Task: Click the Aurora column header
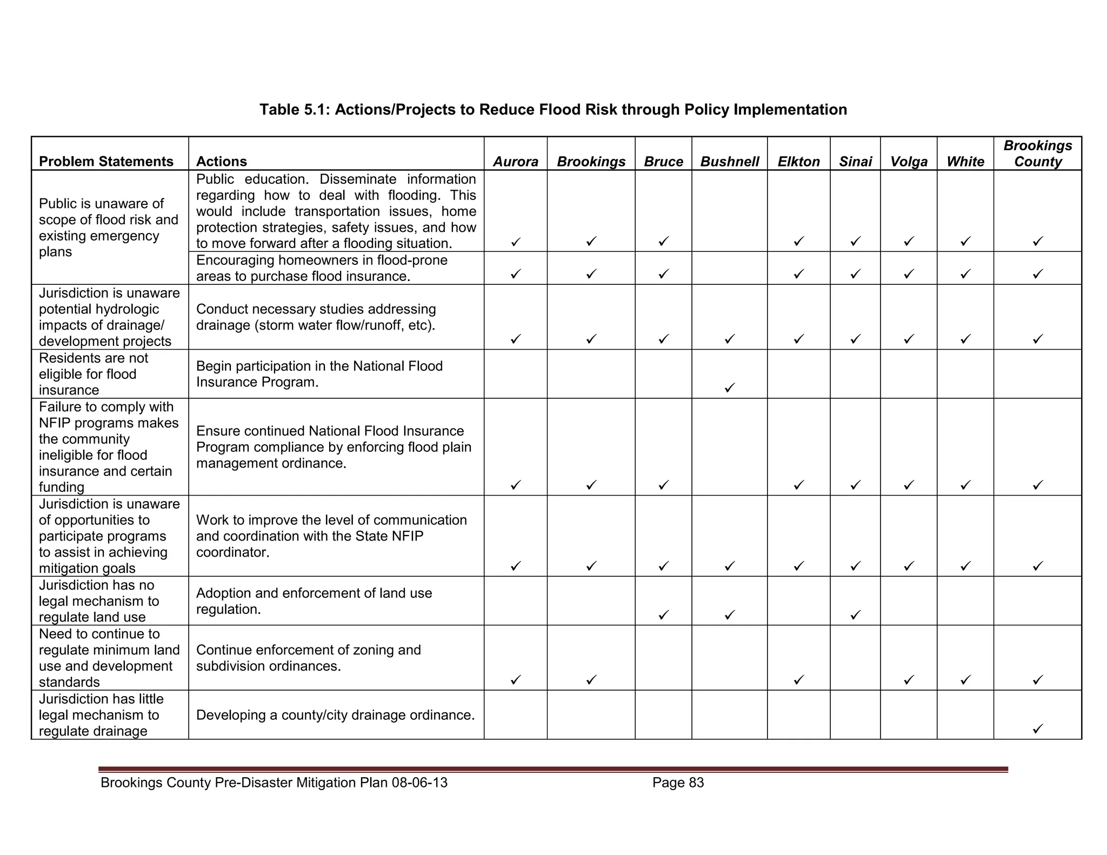(x=516, y=162)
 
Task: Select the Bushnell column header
(x=729, y=162)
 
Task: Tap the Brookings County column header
(x=1038, y=153)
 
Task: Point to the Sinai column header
(x=855, y=162)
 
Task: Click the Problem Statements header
(x=106, y=162)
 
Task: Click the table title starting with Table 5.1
(x=553, y=110)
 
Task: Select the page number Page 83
(x=678, y=783)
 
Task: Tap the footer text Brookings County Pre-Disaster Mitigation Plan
(x=274, y=783)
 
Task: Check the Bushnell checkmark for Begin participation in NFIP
(x=729, y=388)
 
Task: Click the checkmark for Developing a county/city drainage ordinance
(x=1037, y=729)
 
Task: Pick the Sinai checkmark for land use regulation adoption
(x=855, y=614)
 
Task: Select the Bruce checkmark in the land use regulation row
(x=664, y=614)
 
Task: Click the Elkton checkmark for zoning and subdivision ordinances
(x=798, y=679)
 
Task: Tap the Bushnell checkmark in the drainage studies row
(x=729, y=339)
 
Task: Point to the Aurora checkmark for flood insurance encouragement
(x=516, y=274)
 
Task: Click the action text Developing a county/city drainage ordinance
(x=335, y=715)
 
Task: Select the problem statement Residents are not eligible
(x=93, y=374)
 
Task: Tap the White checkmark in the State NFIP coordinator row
(x=965, y=566)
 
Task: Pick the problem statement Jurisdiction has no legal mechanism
(x=99, y=601)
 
